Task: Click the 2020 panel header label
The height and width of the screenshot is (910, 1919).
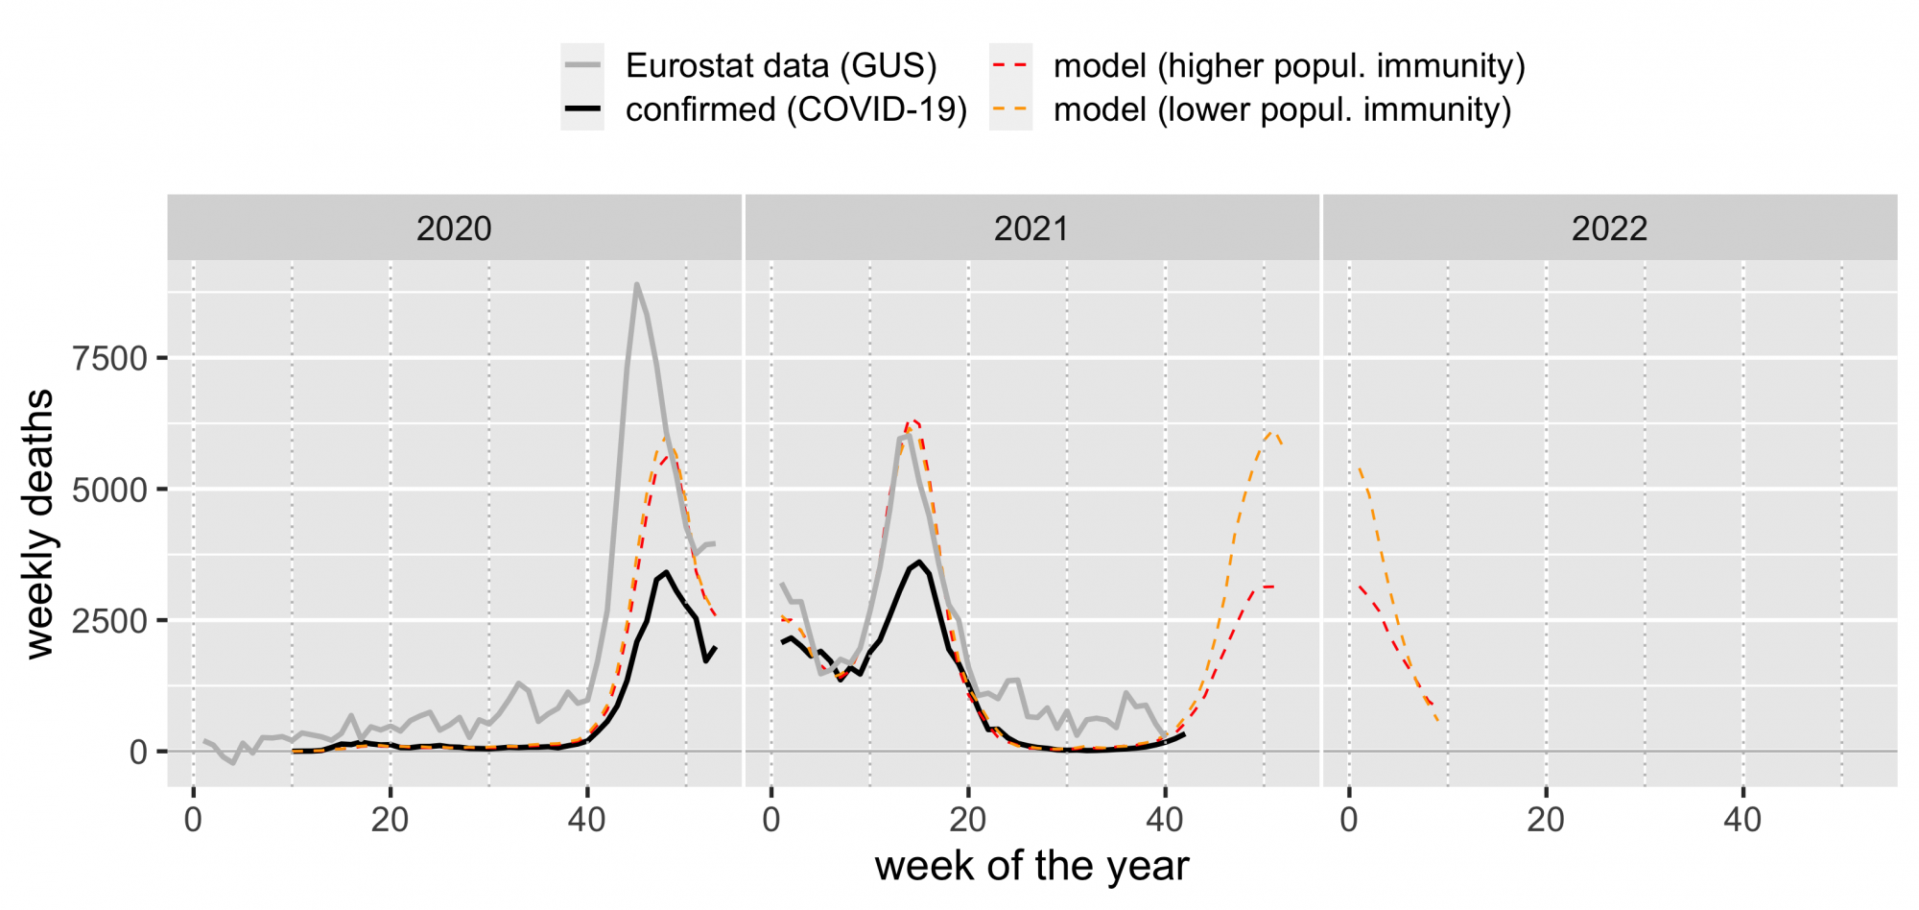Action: point(454,229)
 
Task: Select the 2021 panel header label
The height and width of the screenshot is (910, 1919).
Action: point(1031,229)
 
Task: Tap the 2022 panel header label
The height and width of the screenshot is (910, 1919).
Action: point(1609,229)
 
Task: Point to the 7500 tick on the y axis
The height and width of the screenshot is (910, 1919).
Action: point(110,359)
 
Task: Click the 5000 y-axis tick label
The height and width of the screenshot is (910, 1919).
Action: point(110,491)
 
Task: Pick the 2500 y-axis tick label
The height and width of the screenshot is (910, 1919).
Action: point(110,621)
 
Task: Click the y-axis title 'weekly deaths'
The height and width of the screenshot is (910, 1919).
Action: point(40,523)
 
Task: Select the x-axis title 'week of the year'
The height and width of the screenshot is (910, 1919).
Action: point(1031,866)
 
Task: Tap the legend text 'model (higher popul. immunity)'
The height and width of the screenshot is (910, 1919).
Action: point(1289,65)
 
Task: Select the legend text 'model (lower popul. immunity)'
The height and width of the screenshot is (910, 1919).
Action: point(1282,109)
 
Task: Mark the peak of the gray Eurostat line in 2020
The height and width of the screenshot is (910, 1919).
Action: point(636,284)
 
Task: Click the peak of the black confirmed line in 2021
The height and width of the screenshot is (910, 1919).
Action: point(919,562)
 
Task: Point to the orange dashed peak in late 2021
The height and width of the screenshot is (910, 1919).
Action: point(1271,432)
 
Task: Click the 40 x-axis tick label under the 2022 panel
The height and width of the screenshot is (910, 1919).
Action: point(1742,820)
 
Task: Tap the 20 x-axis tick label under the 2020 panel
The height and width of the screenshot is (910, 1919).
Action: point(390,820)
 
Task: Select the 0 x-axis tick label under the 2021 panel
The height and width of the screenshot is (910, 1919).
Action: point(771,820)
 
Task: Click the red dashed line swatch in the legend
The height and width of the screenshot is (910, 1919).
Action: point(1010,65)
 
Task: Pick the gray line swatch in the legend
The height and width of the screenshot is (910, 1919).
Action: point(582,65)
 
